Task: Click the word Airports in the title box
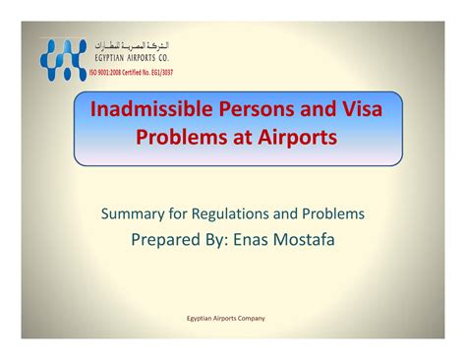[x=297, y=137]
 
